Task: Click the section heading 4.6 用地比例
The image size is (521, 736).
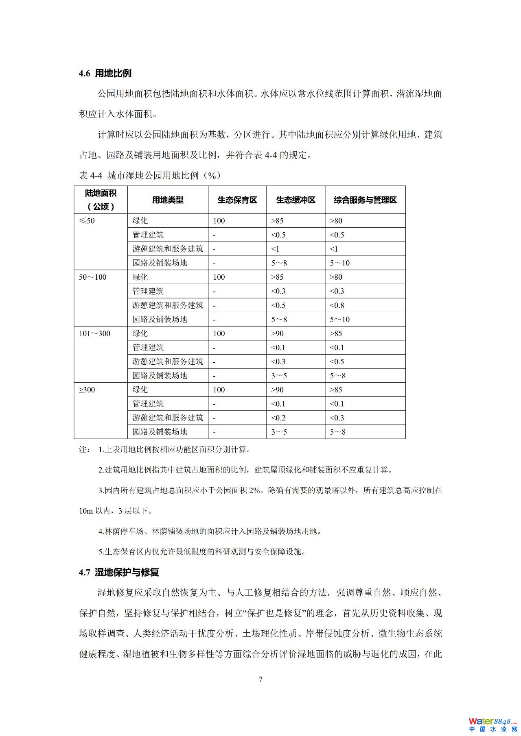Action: [x=105, y=74]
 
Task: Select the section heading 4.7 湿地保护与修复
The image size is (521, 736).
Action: [x=119, y=572]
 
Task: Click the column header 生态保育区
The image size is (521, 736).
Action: [x=237, y=200]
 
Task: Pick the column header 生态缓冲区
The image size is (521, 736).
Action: [x=296, y=200]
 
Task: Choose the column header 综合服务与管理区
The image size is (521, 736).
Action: [x=365, y=200]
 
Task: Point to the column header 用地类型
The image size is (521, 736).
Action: [x=168, y=200]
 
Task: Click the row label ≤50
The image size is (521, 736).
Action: [x=87, y=221]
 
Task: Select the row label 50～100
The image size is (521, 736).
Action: [x=92, y=277]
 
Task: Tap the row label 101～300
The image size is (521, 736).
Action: [x=94, y=333]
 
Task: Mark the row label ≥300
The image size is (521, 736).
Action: [x=87, y=390]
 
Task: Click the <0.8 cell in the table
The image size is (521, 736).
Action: [x=337, y=305]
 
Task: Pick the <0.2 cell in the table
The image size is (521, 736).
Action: [x=278, y=418]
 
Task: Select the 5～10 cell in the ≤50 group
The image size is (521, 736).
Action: [x=339, y=263]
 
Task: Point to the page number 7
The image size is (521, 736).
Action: [x=260, y=679]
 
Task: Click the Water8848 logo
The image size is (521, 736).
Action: [x=492, y=722]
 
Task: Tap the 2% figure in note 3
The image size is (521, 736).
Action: [x=254, y=490]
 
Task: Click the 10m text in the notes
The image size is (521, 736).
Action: [x=86, y=511]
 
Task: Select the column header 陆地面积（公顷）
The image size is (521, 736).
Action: [x=101, y=200]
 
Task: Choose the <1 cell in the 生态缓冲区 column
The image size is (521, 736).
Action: [x=276, y=249]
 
